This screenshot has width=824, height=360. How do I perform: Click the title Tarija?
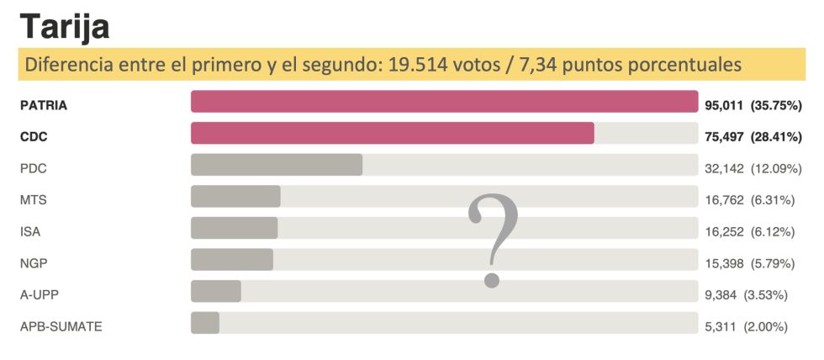65,27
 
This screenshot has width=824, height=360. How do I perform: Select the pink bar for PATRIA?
444,102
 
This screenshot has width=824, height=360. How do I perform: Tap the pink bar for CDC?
392,134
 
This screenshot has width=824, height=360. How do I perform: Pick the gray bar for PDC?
277,165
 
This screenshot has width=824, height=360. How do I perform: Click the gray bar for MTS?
235,197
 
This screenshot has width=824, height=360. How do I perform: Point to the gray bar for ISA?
234,228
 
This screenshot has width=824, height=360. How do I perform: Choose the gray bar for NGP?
232,260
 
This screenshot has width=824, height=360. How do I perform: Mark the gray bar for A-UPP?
216,291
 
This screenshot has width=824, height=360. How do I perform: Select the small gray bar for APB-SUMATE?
205,323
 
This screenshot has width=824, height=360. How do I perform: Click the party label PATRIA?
43,106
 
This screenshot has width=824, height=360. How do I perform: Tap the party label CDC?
34,137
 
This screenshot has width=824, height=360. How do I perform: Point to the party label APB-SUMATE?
61,326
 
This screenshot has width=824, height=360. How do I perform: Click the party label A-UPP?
39,295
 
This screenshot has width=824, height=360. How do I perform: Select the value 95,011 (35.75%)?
753,106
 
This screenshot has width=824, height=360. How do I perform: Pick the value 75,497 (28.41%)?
753,137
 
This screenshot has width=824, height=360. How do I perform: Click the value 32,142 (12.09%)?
753,169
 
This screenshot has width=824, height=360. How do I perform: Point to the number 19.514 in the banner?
417,65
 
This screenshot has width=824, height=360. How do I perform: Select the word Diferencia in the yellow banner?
64,65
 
